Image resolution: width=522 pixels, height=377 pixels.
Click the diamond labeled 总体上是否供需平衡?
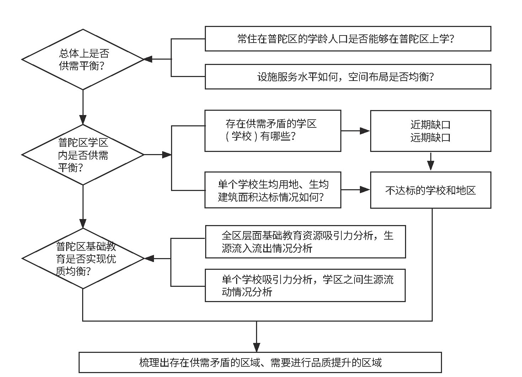tap(83, 60)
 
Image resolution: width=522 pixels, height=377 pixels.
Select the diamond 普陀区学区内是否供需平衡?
tap(83, 155)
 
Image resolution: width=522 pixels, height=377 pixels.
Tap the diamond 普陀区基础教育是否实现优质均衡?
tap(83, 258)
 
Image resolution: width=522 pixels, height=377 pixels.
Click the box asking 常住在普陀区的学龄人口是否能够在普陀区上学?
tap(348, 39)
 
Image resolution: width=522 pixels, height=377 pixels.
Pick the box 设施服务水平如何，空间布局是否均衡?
tap(348, 77)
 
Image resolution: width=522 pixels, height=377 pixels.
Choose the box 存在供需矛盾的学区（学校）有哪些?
tap(273, 131)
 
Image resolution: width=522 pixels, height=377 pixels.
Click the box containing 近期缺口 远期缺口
tap(430, 131)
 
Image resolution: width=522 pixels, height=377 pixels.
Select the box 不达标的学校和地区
tap(430, 190)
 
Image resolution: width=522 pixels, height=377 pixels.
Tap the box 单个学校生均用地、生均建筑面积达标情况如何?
tap(273, 190)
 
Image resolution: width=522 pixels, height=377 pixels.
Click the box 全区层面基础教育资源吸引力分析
tap(305, 242)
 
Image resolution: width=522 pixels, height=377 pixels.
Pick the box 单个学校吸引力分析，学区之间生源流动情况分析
tap(305, 285)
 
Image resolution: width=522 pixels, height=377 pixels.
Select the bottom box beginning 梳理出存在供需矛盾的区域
tap(260, 362)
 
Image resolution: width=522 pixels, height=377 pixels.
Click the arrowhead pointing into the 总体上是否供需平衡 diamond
tap(148, 60)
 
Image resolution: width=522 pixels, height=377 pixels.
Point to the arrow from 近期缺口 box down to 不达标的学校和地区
tap(431, 162)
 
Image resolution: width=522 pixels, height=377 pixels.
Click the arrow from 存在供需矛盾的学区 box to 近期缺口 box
tap(356, 131)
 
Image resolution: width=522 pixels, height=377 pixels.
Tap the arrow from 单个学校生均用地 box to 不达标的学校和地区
tap(356, 190)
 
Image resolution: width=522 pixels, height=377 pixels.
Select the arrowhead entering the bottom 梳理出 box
tap(257, 347)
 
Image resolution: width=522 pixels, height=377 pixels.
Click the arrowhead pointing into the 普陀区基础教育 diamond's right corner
tap(149, 258)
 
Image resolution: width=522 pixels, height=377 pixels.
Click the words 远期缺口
tap(430, 137)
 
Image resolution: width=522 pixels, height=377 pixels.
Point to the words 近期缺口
tap(430, 125)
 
